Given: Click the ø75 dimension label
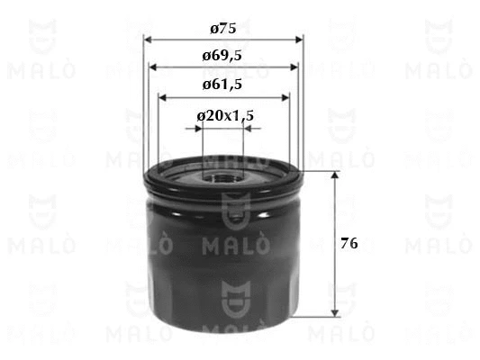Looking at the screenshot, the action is pos(223,29).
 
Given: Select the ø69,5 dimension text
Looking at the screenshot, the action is pos(222,56).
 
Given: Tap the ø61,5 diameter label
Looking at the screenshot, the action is pos(222,85).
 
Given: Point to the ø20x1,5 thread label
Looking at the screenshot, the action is pos(225,116).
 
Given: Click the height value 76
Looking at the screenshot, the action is pos(349,244).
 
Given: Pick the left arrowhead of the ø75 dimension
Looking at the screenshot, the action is pos(148,40).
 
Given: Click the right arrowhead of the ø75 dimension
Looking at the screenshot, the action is pos(299,40).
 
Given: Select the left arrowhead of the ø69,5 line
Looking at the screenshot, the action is pos(153,67).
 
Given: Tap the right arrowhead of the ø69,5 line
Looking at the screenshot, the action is pos(294,67).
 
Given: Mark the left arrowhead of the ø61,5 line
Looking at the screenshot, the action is pos(162,98).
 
